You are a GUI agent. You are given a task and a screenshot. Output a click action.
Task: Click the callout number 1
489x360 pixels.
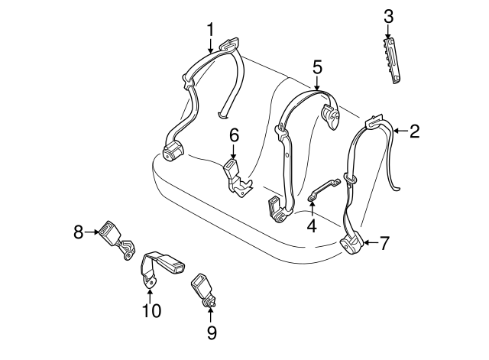[211, 30]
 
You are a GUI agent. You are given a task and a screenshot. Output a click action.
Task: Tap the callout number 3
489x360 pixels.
[388, 17]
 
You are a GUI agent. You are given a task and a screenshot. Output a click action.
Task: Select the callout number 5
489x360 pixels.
[317, 68]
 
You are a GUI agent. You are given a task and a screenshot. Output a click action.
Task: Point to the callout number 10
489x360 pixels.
[152, 310]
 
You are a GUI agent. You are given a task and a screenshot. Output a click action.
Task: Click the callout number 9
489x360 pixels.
[212, 332]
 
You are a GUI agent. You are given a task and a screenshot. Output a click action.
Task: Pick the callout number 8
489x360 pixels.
[79, 232]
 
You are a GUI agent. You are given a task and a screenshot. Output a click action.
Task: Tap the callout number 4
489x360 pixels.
[312, 225]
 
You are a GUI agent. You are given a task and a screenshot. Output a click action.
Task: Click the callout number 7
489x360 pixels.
[384, 243]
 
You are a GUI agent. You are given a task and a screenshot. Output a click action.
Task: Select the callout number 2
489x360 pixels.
[415, 131]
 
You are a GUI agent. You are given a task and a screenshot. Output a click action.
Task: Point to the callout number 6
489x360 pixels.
[235, 135]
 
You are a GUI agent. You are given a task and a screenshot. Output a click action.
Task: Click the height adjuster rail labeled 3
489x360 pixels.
[392, 60]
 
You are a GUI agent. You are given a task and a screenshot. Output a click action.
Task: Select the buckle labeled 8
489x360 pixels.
[116, 239]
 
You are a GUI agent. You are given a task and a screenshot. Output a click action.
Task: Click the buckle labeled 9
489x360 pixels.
[202, 289]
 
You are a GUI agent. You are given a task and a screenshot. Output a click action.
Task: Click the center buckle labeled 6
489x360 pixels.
[237, 178]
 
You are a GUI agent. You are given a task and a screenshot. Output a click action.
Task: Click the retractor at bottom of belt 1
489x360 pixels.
[173, 151]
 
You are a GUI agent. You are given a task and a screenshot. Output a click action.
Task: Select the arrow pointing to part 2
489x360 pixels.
[401, 131]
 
